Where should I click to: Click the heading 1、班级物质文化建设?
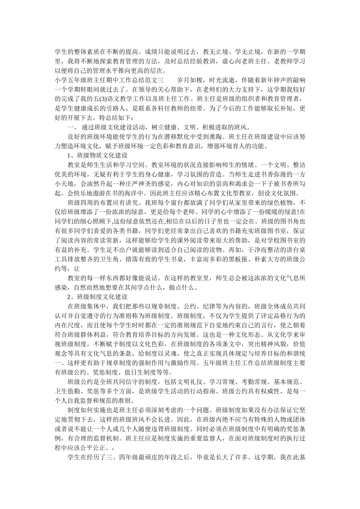[97, 156]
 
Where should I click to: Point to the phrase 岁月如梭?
[190, 80]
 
